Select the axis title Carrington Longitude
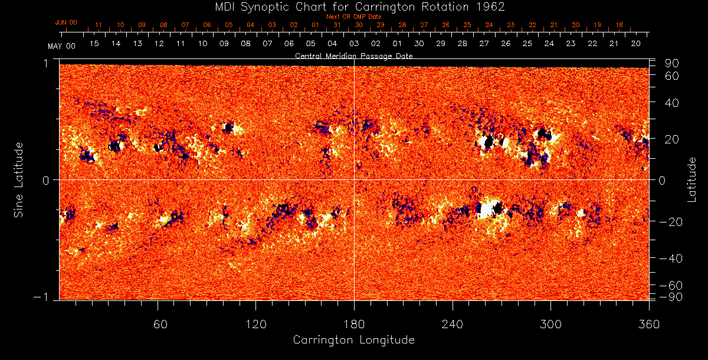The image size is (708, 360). tap(353, 340)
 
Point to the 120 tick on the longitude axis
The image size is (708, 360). tap(255, 325)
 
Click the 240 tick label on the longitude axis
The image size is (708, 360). tap(453, 325)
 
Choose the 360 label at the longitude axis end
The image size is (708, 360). tap(648, 325)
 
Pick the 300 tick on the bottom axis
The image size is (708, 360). tap(550, 325)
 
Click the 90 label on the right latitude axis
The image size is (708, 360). tap(673, 63)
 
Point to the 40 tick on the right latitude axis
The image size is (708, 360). tap(673, 102)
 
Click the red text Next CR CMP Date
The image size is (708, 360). tap(353, 17)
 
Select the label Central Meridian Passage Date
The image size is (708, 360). tap(353, 56)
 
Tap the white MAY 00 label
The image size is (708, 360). tap(61, 45)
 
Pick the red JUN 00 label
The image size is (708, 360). tap(65, 22)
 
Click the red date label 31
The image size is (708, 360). tap(337, 25)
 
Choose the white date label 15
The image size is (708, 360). tap(94, 44)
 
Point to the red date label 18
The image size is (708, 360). tap(619, 25)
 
